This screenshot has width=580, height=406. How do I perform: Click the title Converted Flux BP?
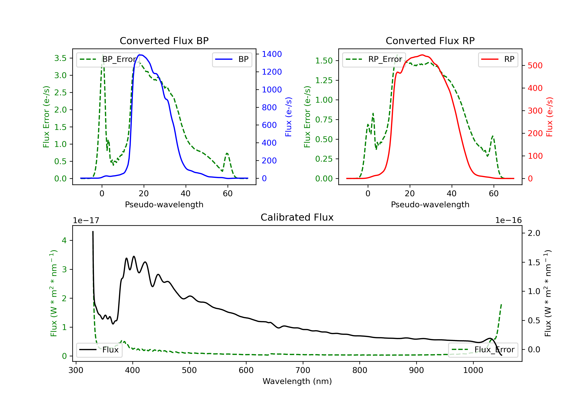(164, 41)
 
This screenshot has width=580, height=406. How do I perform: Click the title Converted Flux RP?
(430, 41)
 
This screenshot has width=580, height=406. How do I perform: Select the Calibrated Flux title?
(297, 217)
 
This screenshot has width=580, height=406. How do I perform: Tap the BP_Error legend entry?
(108, 59)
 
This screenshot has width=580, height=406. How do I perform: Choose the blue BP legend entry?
(232, 59)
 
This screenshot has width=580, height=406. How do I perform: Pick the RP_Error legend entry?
(374, 59)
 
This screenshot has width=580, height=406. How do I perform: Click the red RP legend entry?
(498, 59)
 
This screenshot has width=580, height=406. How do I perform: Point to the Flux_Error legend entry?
(483, 350)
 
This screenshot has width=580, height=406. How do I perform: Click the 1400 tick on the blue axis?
(272, 54)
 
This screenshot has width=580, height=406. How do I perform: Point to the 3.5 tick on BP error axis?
(60, 58)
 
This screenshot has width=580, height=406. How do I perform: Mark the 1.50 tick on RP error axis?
(324, 61)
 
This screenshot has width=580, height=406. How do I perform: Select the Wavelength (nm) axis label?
(297, 381)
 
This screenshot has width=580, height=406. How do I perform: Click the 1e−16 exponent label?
(508, 220)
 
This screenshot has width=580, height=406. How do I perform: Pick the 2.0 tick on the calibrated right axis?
(534, 233)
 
